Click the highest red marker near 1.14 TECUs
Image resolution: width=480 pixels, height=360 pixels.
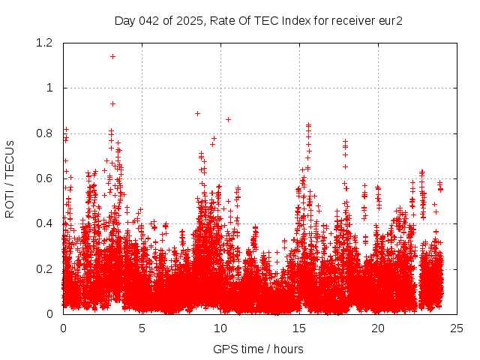pyautogui.click(x=112, y=56)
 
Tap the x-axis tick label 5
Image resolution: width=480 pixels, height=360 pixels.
pyautogui.click(x=142, y=328)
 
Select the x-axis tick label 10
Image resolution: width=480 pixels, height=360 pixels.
pyautogui.click(x=220, y=328)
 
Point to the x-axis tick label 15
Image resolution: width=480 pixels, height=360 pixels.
pyautogui.click(x=299, y=328)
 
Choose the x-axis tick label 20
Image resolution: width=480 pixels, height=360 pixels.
pyautogui.click(x=378, y=328)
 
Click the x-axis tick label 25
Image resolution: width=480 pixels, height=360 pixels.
pyautogui.click(x=457, y=328)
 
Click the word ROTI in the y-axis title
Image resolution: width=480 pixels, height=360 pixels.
pyautogui.click(x=10, y=202)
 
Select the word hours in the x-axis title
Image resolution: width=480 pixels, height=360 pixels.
pyautogui.click(x=287, y=349)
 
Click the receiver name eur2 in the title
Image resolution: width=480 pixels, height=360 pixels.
pyautogui.click(x=390, y=20)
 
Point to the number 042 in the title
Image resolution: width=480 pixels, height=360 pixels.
pyautogui.click(x=150, y=20)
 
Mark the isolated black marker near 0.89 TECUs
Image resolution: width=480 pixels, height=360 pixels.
pyautogui.click(x=197, y=113)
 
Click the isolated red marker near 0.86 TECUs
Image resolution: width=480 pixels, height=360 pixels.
pyautogui.click(x=228, y=119)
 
